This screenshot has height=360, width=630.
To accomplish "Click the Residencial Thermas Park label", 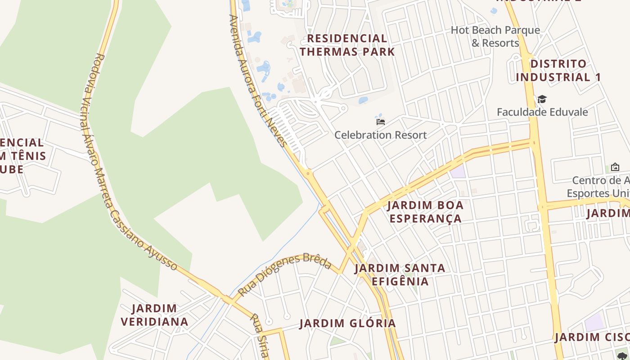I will point(347,45).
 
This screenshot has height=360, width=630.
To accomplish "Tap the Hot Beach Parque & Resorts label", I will point(495,36).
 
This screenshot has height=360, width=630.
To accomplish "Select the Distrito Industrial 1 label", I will point(558,70).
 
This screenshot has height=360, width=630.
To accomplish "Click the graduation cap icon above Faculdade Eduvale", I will point(542,99).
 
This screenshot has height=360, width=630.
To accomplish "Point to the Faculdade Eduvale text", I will point(542,112).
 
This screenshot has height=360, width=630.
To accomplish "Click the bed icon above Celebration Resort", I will point(380,121).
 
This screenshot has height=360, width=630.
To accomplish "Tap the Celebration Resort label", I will point(380,135).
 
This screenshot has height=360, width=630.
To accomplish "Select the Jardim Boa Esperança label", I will point(425,212).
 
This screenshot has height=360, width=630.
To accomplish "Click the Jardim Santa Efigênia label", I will point(400,274).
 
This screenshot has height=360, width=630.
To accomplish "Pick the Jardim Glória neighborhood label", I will point(347,323).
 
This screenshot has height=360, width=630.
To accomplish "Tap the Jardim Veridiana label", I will point(154,315).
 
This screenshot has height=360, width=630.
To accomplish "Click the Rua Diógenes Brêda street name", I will point(284,274).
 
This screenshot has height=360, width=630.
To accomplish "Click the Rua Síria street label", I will point(260,335).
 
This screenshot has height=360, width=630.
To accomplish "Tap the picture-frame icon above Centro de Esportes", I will point(615,167).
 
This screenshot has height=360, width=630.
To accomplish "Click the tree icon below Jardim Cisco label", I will point(623,355).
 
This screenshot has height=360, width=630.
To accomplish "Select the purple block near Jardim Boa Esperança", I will point(458,171).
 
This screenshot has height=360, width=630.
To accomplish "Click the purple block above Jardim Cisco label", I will point(594,323).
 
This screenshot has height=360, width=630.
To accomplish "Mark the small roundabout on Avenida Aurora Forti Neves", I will point(308,172).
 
